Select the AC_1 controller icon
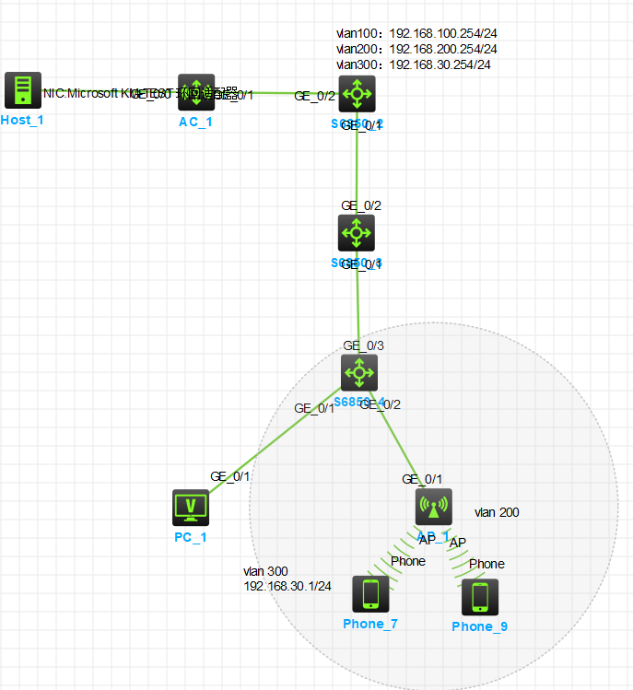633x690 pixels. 196,92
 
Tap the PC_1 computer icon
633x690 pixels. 191,508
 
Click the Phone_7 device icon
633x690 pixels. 370,594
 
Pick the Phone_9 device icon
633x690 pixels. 480,597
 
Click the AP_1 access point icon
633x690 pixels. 433,506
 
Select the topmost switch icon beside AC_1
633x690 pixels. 357,93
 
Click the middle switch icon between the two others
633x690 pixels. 357,233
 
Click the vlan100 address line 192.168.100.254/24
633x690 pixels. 416,33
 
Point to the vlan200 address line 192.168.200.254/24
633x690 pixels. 416,49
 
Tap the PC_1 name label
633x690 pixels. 190,537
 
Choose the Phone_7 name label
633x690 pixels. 370,625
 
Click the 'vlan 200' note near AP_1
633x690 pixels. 497,512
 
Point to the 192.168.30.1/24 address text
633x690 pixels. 287,586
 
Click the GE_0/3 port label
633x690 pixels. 362,345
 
